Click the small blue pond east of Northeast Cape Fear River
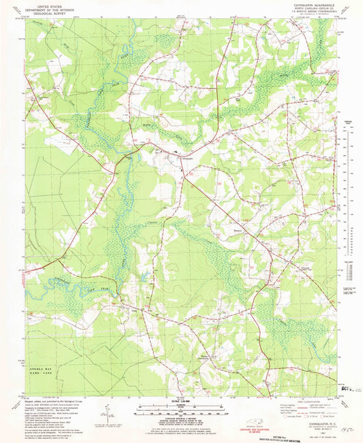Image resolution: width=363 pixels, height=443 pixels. point(146,276)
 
